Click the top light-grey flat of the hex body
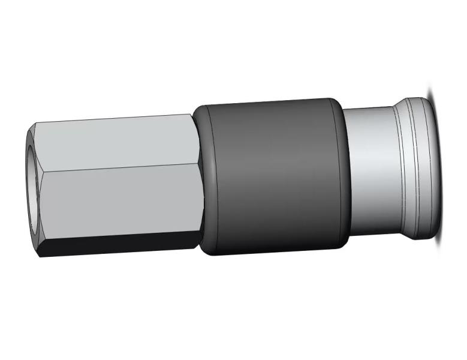point(114,141)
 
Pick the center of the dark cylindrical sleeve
point(273,177)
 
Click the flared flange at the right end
point(420,162)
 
